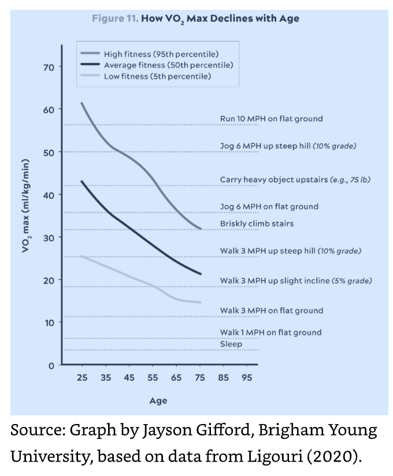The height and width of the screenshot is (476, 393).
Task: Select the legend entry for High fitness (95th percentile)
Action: click(161, 54)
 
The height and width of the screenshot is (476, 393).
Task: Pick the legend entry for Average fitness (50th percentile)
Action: click(168, 65)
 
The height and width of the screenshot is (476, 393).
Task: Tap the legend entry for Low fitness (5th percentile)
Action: click(157, 76)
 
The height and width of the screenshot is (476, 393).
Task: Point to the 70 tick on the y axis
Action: click(49, 68)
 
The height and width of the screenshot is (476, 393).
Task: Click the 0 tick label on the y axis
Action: click(51, 366)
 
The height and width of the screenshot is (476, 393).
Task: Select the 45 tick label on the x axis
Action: click(129, 378)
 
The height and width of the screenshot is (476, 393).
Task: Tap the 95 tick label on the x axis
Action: click(247, 378)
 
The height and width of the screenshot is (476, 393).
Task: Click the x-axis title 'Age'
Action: click(158, 401)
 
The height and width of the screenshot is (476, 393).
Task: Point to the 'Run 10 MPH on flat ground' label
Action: click(271, 119)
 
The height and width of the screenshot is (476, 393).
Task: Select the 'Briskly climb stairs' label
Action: click(257, 224)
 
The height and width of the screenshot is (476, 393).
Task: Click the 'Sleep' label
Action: click(231, 344)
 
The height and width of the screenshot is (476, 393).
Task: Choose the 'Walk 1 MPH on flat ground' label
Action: click(270, 333)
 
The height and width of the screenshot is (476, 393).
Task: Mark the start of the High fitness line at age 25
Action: click(82, 103)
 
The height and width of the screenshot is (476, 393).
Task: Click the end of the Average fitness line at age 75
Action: click(201, 274)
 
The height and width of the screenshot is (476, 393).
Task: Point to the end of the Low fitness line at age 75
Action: click(201, 302)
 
